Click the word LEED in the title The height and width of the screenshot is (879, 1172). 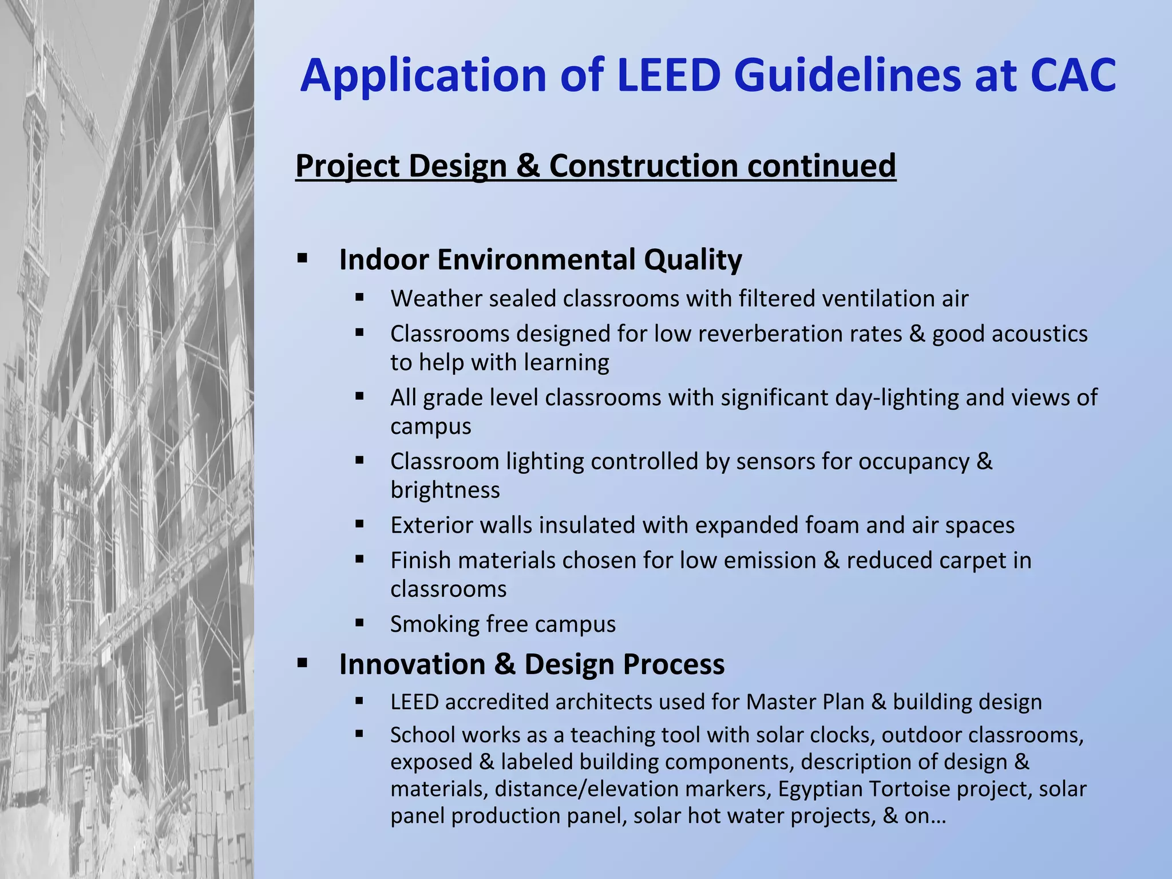click(x=668, y=76)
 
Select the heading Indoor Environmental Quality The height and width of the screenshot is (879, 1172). click(x=540, y=260)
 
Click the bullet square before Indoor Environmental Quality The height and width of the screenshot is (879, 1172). click(x=302, y=259)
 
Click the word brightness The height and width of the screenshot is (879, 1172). click(x=445, y=490)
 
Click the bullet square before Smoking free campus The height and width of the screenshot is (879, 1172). click(x=359, y=623)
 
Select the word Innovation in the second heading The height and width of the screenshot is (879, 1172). click(x=412, y=664)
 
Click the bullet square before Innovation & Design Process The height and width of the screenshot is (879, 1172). click(x=302, y=663)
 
